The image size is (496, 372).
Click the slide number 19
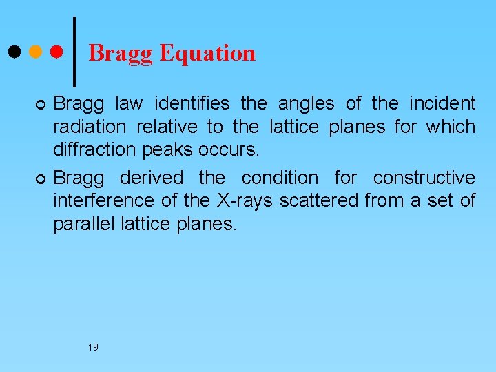pyautogui.click(x=93, y=347)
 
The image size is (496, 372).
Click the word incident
pyautogui.click(x=442, y=104)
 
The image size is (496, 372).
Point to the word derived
pyautogui.click(x=152, y=178)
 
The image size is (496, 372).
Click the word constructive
pyautogui.click(x=424, y=178)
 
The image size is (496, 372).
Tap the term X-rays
pyautogui.click(x=247, y=200)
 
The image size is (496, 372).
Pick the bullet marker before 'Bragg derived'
pyautogui.click(x=40, y=179)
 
